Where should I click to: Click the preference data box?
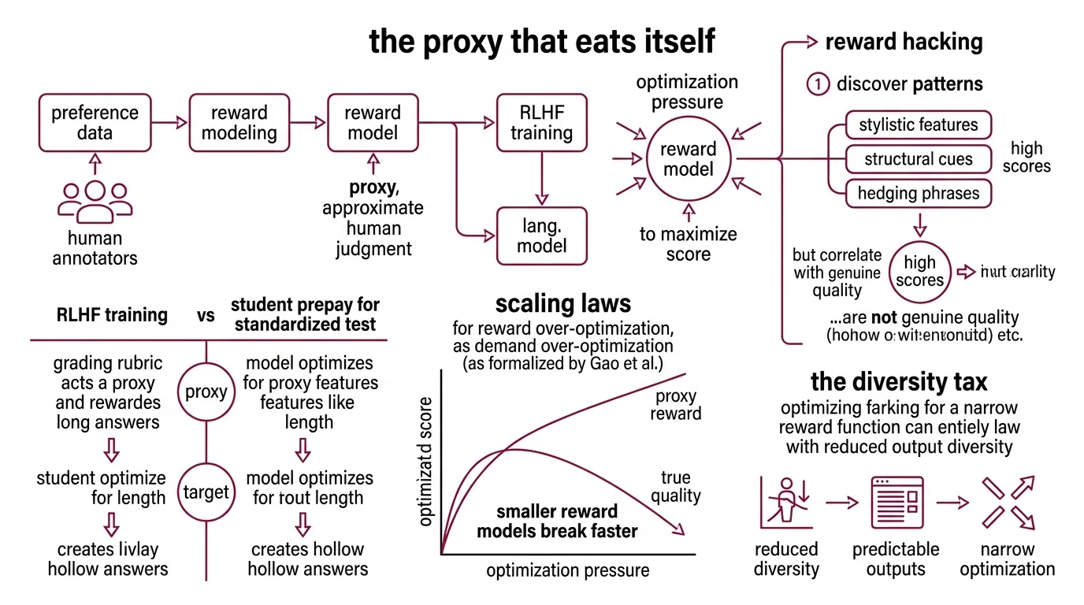(x=95, y=123)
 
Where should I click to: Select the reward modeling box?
(x=239, y=123)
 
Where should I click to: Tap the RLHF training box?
(x=541, y=123)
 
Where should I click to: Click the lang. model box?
(x=541, y=236)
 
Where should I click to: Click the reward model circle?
(x=689, y=158)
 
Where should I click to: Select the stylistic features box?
(x=918, y=124)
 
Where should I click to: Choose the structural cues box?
(x=918, y=159)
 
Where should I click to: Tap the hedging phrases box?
(x=918, y=194)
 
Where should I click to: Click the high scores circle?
(x=919, y=272)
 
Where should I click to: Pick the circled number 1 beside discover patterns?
(x=818, y=84)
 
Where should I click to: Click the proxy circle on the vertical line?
(x=206, y=392)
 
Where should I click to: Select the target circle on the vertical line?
(x=206, y=493)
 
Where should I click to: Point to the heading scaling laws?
(x=562, y=303)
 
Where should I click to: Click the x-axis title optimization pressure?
(x=568, y=570)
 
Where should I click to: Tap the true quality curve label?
(x=675, y=486)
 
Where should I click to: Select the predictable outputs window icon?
(x=896, y=502)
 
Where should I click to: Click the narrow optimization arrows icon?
(x=1007, y=502)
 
